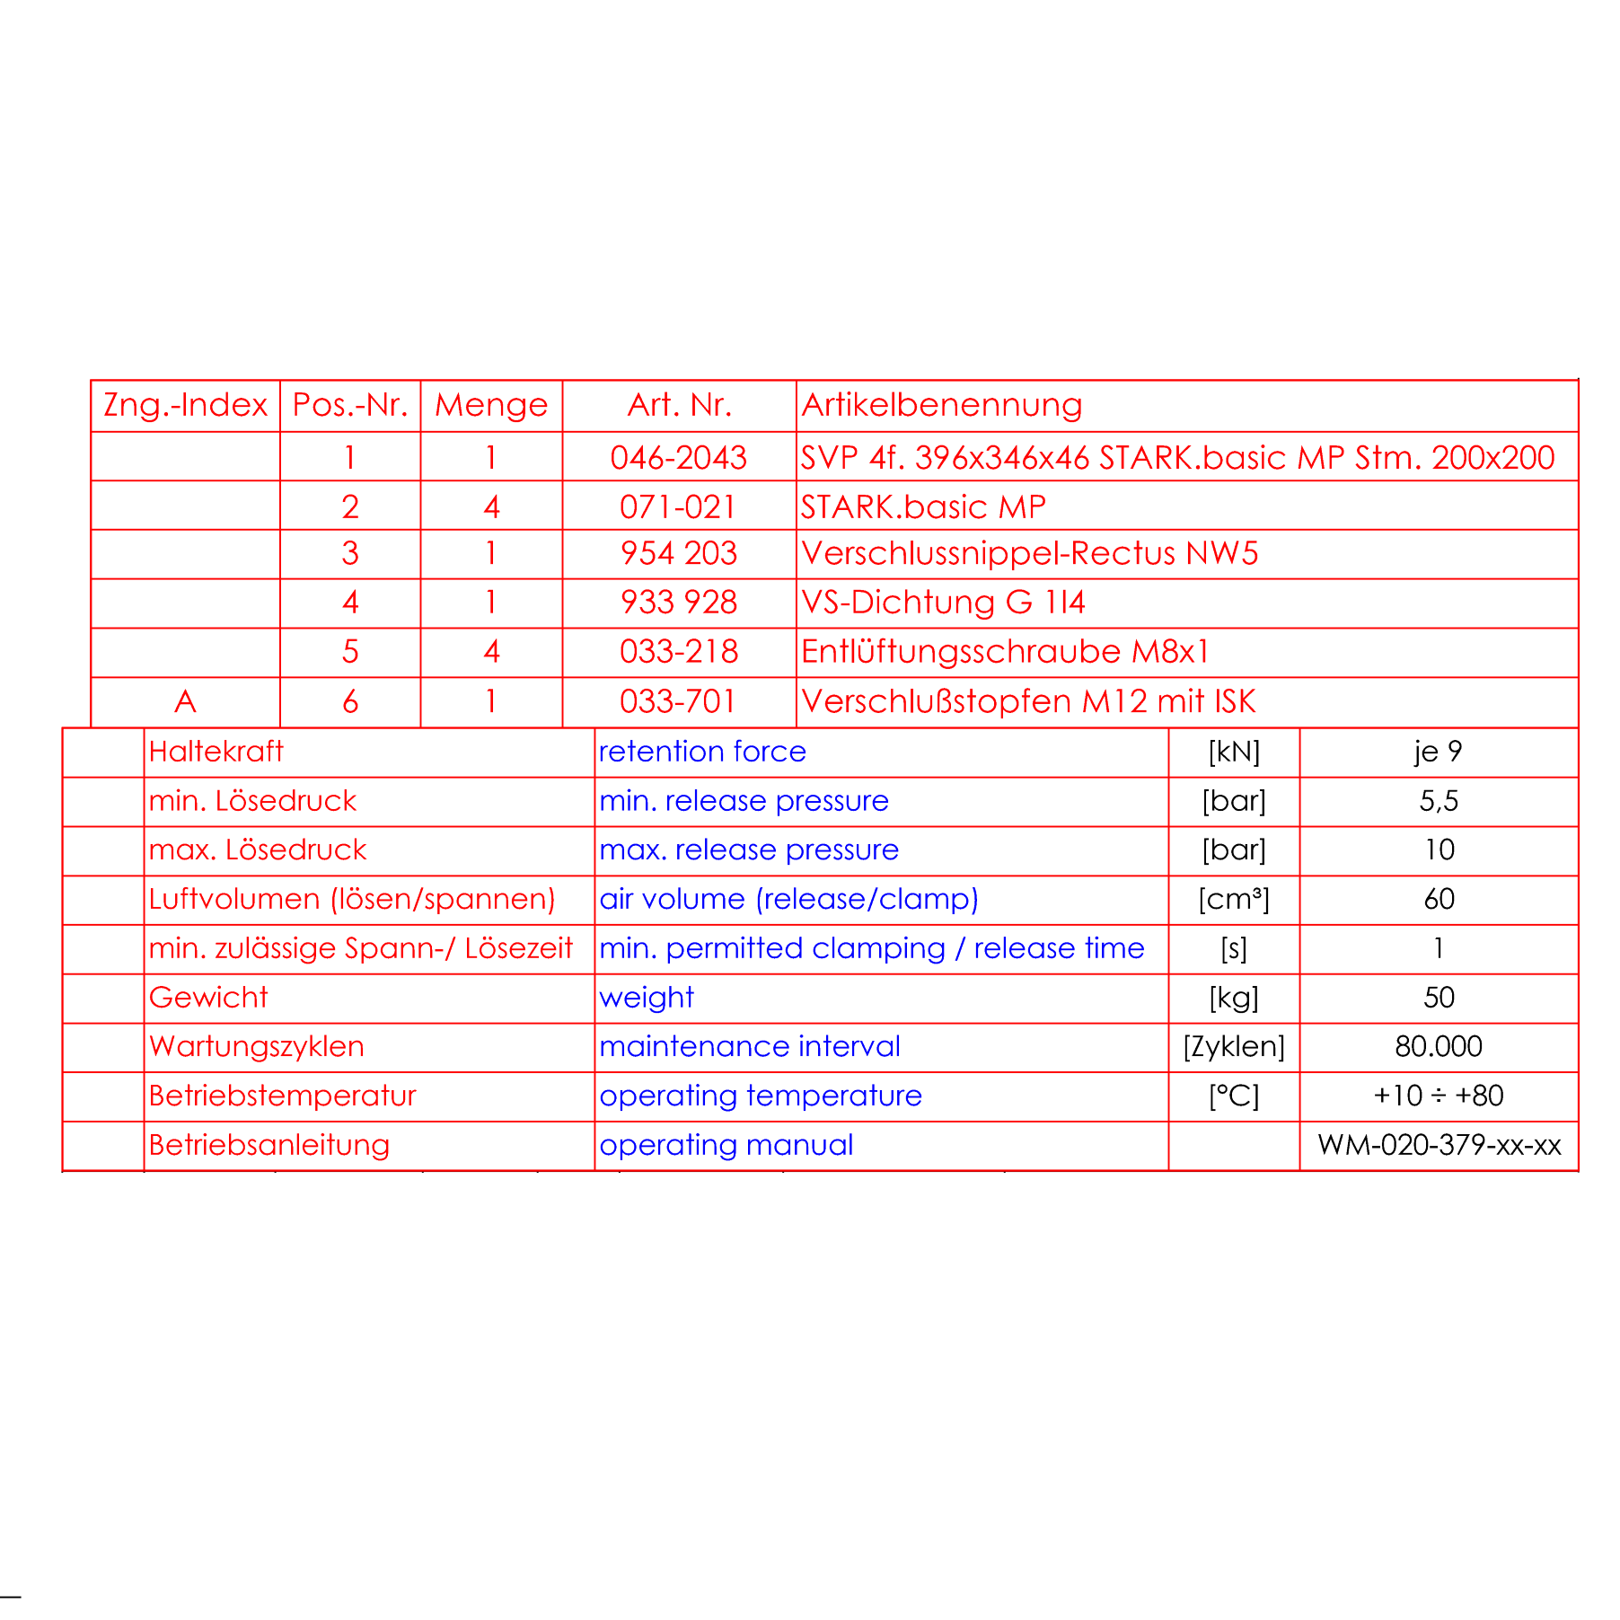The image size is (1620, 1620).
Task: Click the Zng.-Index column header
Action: pyautogui.click(x=185, y=405)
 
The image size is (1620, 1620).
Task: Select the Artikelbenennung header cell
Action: pyautogui.click(x=941, y=405)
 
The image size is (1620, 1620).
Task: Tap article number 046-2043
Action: pyautogui.click(x=678, y=458)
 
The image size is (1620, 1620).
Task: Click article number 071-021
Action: pyautogui.click(x=678, y=507)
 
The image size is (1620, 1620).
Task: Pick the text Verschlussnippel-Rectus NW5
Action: pyautogui.click(x=1029, y=553)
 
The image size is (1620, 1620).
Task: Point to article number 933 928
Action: pyautogui.click(x=678, y=602)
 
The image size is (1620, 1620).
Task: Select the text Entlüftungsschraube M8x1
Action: pyautogui.click(x=1005, y=651)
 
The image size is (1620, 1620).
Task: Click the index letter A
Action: pyautogui.click(x=185, y=701)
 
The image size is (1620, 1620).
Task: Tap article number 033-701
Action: pyautogui.click(x=678, y=701)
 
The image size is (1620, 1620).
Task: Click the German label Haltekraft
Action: pyautogui.click(x=216, y=752)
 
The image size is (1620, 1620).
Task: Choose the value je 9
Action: pyautogui.click(x=1438, y=752)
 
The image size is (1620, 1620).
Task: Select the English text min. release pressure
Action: pyautogui.click(x=744, y=801)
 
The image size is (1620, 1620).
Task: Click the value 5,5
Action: pyautogui.click(x=1438, y=801)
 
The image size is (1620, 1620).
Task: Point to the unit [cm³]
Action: pyautogui.click(x=1233, y=899)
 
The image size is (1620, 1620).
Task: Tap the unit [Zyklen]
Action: pyautogui.click(x=1233, y=1047)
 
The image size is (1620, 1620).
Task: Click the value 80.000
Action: pyautogui.click(x=1438, y=1047)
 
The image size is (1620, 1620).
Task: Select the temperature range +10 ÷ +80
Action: pyautogui.click(x=1438, y=1096)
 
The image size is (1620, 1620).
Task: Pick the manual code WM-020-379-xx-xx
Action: pyautogui.click(x=1439, y=1145)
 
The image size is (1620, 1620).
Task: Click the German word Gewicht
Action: pyautogui.click(x=208, y=998)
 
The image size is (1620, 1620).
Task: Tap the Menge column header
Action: pyautogui.click(x=491, y=405)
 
